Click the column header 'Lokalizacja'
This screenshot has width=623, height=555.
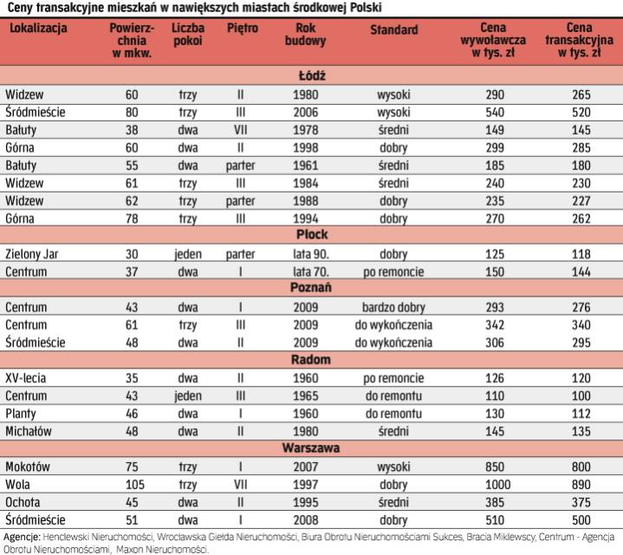click(x=37, y=29)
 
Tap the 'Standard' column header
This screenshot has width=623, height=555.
click(x=393, y=29)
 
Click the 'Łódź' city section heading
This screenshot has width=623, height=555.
click(x=311, y=75)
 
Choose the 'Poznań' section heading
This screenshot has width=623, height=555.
click(x=311, y=287)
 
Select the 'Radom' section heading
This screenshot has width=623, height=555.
click(x=311, y=359)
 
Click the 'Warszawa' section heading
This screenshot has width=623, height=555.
click(x=311, y=448)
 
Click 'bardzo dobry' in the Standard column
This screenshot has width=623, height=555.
click(x=393, y=307)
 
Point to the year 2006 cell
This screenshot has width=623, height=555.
click(x=293, y=112)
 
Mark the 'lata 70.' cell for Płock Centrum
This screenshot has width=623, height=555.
click(x=293, y=271)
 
